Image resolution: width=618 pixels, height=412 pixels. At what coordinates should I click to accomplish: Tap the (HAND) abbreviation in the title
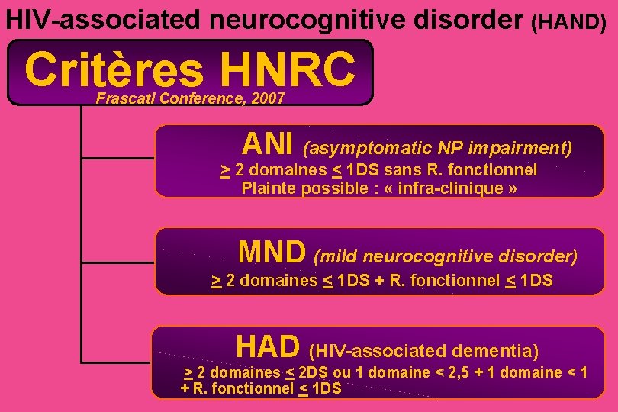569,21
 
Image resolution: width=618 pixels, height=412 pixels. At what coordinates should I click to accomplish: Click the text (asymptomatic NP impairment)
437,146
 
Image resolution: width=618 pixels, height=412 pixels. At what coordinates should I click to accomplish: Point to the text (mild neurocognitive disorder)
446,254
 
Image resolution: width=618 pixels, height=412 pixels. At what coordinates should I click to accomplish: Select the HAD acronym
268,347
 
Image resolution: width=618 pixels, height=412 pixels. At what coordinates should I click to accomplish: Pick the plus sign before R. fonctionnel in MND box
378,281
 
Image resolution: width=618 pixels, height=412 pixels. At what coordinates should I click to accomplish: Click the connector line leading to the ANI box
118,158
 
